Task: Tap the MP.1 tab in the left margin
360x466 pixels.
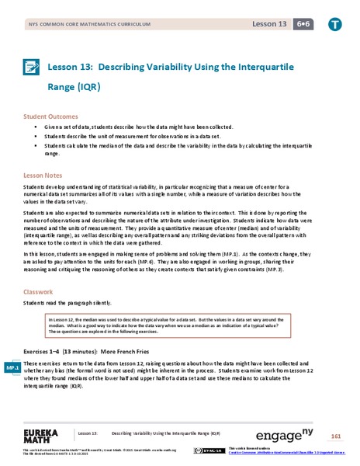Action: click(12, 366)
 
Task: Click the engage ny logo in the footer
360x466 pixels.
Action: click(299, 433)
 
